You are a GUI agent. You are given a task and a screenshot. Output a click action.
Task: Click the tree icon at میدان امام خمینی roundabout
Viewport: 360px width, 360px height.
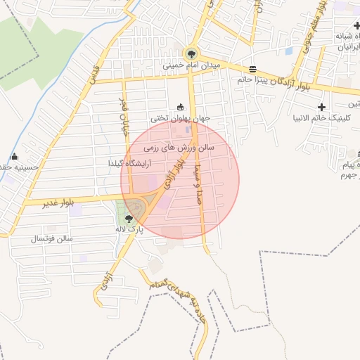(x=191, y=54)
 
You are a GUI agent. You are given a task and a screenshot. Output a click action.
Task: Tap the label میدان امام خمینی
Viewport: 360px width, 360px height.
(x=192, y=65)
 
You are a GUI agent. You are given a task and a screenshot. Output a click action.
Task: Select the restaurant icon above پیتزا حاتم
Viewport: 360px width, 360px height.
(x=252, y=69)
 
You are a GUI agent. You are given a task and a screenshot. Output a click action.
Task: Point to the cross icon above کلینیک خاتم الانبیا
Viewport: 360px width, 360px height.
(x=322, y=107)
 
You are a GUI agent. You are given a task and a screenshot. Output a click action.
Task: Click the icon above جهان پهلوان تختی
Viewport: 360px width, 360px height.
(x=181, y=108)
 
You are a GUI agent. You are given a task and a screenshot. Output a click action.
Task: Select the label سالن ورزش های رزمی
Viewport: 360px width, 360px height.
(x=179, y=148)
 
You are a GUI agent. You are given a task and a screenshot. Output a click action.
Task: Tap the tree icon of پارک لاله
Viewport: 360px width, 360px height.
(x=127, y=219)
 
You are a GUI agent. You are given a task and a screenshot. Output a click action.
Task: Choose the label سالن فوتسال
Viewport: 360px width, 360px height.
(x=51, y=239)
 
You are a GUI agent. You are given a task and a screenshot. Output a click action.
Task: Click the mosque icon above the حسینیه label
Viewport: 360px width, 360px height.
(x=14, y=157)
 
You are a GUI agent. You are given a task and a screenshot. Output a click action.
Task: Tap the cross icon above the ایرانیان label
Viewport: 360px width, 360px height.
(x=357, y=26)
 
